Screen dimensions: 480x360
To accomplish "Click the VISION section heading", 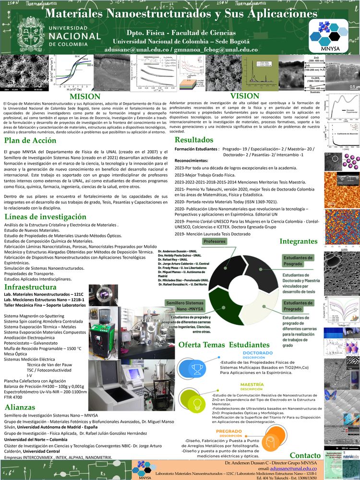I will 245,96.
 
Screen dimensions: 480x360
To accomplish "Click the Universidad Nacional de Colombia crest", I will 30,35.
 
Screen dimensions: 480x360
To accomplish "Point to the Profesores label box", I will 215,241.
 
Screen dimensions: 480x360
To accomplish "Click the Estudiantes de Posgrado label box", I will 299,261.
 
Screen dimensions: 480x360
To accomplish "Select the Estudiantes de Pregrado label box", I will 298,306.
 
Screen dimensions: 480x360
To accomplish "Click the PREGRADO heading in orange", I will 229,431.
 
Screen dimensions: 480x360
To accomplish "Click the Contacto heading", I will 305,455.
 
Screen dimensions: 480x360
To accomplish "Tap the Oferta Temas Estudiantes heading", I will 224,345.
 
